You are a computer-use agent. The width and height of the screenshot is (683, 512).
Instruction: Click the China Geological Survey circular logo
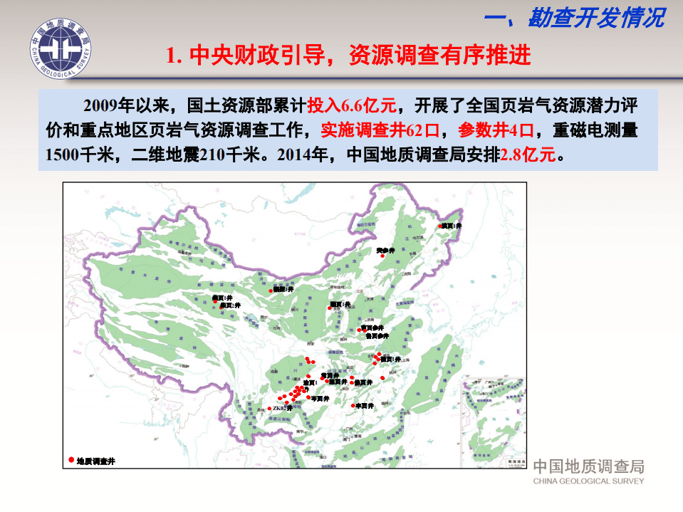coord(60,50)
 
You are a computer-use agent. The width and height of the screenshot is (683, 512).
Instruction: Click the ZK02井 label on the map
coord(283,408)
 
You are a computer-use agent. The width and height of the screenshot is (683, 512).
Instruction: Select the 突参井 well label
coord(385,250)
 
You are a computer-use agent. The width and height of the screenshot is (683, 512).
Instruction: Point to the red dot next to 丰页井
coord(354,405)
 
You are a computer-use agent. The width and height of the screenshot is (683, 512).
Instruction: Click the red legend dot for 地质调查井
coord(71,460)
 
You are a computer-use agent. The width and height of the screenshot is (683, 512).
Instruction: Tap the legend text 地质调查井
coord(95,461)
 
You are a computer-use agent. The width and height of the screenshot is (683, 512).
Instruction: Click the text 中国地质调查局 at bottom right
coord(588,466)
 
